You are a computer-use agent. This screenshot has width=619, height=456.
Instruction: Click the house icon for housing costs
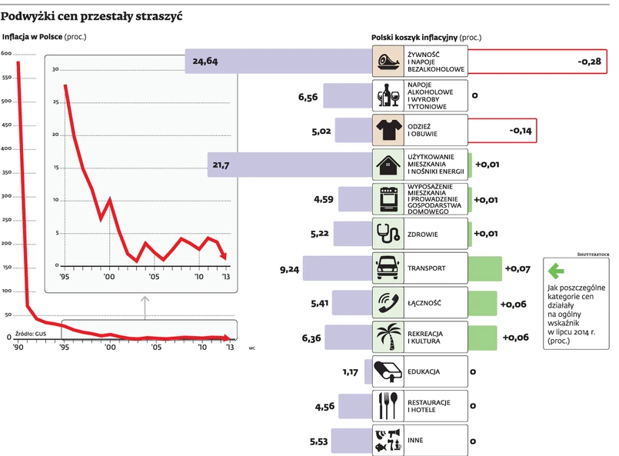tap(388, 164)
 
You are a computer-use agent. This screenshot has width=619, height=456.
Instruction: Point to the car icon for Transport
tap(388, 268)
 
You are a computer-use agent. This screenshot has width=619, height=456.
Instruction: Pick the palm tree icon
tap(388, 338)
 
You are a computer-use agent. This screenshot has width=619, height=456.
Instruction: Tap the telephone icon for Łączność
tap(388, 303)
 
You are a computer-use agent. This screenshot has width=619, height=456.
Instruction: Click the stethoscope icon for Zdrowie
tap(388, 233)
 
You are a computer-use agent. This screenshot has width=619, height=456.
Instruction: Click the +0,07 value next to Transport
tap(518, 269)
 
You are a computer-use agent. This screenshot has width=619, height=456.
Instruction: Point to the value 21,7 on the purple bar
tap(221, 165)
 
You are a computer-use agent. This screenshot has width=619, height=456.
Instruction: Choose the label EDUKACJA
tap(424, 372)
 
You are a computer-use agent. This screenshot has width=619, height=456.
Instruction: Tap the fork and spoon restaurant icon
tap(388, 404)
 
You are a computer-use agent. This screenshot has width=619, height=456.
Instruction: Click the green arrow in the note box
tap(555, 271)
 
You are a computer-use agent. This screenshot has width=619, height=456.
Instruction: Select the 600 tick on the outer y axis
tap(6, 53)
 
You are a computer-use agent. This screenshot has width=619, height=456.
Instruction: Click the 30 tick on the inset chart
tap(55, 69)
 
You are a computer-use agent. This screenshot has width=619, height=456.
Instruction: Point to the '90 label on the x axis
tap(17, 348)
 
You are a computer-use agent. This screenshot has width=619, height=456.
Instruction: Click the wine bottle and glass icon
tap(388, 95)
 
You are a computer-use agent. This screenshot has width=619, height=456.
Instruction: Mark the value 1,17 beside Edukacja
tap(351, 372)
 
